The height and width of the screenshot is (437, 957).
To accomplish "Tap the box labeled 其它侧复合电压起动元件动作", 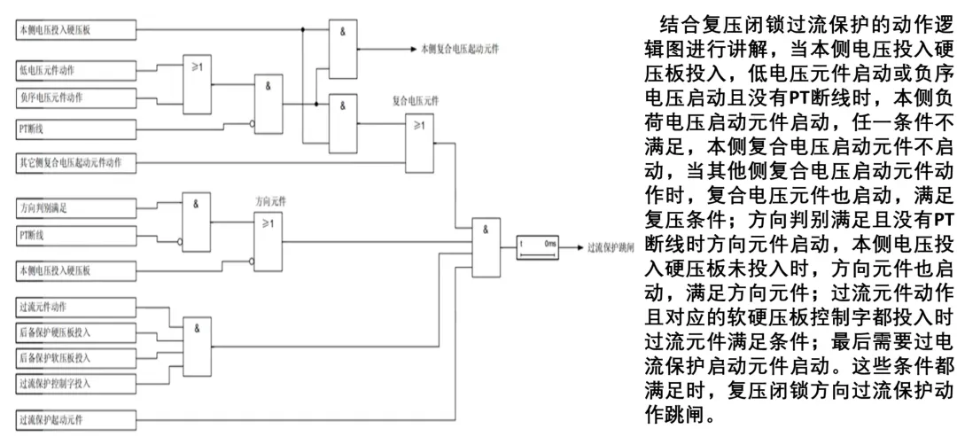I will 76,163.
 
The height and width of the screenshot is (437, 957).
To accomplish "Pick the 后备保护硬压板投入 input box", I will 76,333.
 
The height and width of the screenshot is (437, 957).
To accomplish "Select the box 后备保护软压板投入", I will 76,358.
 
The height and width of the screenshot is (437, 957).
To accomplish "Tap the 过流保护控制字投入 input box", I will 76,384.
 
